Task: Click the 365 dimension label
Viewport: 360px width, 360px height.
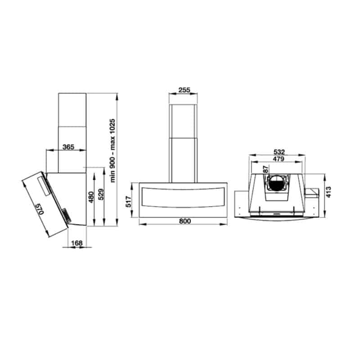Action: click(68, 147)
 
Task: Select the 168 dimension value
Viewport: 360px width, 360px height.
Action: click(76, 243)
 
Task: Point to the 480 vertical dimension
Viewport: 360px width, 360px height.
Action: click(91, 197)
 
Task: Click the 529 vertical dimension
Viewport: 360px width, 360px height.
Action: click(101, 194)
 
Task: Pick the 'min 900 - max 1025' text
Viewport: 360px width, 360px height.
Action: click(112, 150)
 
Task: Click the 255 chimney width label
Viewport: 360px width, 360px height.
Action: click(184, 90)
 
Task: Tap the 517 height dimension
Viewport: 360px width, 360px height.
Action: click(129, 202)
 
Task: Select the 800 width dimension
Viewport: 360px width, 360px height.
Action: click(185, 221)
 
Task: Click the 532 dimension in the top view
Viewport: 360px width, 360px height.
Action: click(279, 152)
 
